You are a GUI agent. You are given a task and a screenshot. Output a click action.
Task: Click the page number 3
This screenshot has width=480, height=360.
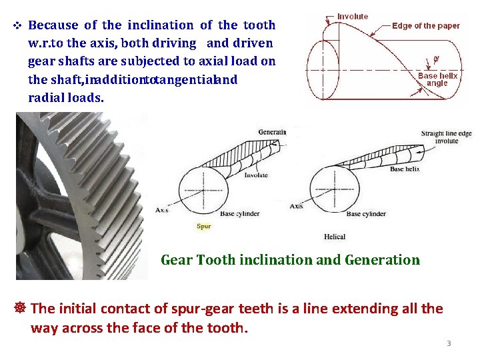[449, 343]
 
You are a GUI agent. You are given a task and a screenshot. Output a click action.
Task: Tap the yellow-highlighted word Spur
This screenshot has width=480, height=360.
[204, 226]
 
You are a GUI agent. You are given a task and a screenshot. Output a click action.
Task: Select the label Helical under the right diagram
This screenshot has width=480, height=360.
[335, 237]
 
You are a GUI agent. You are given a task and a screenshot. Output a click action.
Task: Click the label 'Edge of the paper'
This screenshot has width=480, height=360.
[426, 26]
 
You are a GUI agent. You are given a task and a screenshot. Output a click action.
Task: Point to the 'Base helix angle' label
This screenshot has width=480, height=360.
[437, 79]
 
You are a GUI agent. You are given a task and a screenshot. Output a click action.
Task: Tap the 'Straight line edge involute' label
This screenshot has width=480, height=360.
[446, 137]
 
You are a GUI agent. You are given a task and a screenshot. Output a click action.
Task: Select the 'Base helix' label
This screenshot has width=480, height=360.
[405, 169]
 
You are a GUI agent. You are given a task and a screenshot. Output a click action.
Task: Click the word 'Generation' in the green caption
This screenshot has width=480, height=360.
[382, 260]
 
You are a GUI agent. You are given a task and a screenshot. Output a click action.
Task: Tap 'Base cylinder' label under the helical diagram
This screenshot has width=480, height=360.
[365, 213]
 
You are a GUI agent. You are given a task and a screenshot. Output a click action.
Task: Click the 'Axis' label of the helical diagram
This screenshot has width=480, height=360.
[297, 206]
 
